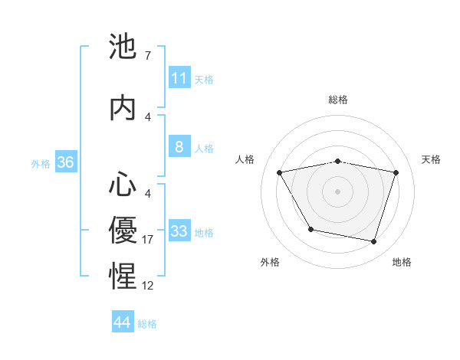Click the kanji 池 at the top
pos(123,48)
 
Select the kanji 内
pos(123,109)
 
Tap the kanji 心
pos(123,185)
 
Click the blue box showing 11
pos(179,78)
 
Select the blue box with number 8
pos(179,148)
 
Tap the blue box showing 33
pos(179,231)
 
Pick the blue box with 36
pos(65,163)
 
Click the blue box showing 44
pos(123,323)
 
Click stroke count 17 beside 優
pos(148,240)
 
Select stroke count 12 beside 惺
pos(148,286)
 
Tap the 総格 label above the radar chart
pos(337,100)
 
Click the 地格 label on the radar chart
pos(402,262)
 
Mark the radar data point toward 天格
pos(396,172)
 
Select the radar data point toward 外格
pos(310,229)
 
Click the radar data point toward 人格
pos(279,172)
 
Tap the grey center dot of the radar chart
pos(337,191)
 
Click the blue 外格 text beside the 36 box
pos(41,163)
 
